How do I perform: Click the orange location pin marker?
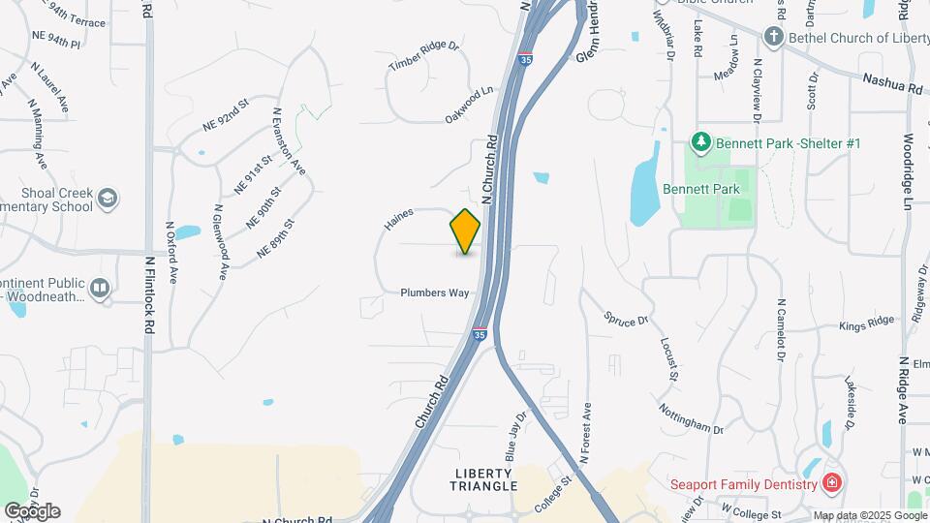465,231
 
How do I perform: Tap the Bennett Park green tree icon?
701,143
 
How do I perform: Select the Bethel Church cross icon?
773,38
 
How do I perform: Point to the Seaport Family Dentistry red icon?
830,482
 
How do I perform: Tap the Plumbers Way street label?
436,292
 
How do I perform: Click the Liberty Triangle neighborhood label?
485,479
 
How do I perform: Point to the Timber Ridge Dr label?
422,56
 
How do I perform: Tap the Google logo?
32,510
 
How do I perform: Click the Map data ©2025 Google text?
870,515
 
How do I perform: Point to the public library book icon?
100,288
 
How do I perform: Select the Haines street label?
398,220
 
